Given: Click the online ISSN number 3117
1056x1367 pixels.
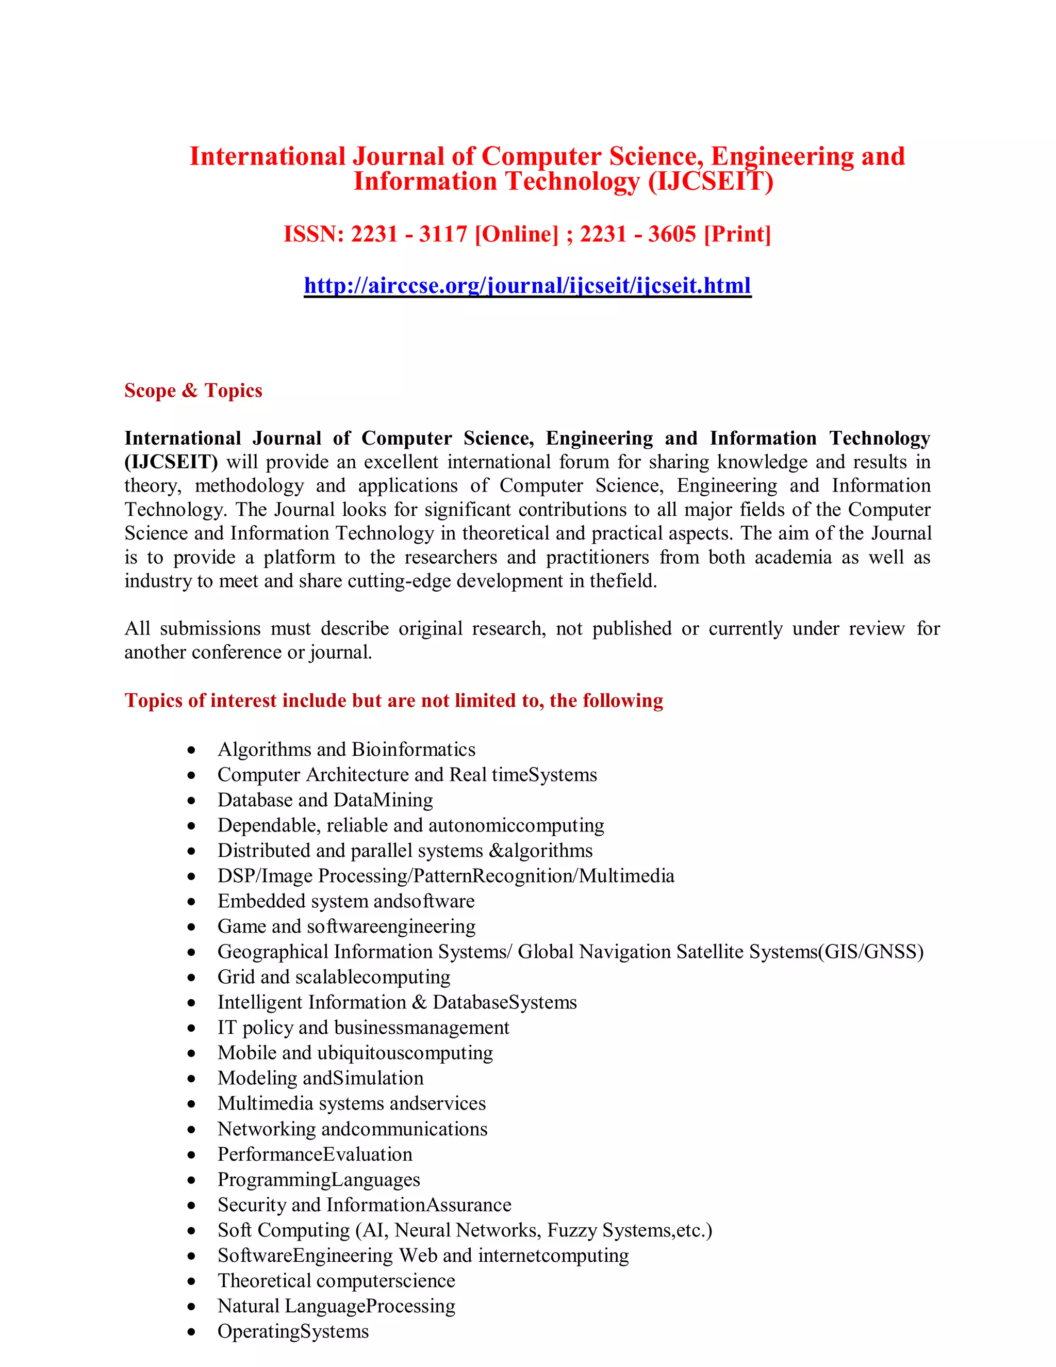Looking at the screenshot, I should pos(443,234).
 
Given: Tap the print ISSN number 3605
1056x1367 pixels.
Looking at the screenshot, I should pos(672,234).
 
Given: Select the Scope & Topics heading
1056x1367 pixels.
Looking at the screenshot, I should pos(193,390).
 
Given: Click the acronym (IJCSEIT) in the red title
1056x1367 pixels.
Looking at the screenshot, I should pos(711,182).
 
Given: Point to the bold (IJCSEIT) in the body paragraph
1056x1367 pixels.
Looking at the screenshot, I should pos(171,462).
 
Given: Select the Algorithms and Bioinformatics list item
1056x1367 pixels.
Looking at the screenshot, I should pos(346,749).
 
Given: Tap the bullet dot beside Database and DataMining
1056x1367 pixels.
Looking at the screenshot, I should pos(191,801).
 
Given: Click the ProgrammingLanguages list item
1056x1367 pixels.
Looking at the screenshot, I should pos(319,1179).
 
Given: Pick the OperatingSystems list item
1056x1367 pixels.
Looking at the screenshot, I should pos(293,1331).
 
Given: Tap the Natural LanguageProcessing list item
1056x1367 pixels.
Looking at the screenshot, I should pos(336,1306).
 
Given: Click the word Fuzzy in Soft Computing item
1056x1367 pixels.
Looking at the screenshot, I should pos(572,1230).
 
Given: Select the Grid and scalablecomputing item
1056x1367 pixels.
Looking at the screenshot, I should pos(334,977).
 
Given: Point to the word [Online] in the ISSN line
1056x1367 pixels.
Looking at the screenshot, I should pos(516,234).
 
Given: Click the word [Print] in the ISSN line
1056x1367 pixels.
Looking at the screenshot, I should pos(737,234).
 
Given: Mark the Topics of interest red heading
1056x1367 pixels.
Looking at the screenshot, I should pos(393,701).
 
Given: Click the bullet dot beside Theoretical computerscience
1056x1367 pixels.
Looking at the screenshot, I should pos(191,1281).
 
